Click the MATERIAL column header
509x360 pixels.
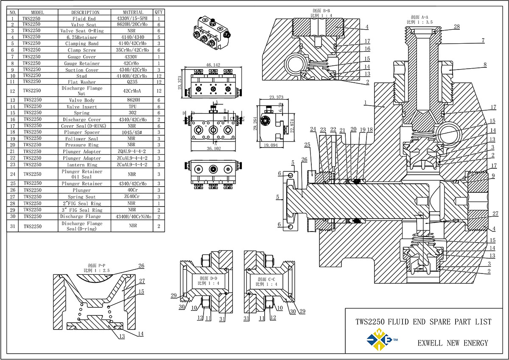pos(133,12)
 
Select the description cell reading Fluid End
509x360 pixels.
pos(84,19)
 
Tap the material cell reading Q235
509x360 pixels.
pos(132,82)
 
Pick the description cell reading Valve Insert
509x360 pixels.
pos(81,106)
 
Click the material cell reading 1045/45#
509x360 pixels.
pos(132,132)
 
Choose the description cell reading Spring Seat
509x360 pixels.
pos(81,197)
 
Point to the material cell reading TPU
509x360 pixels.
pos(132,106)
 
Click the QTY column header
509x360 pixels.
pos(159,12)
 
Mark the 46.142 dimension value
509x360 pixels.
pos(213,65)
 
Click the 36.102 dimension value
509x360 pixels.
pos(214,148)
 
